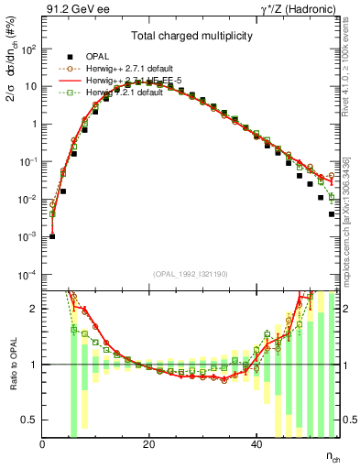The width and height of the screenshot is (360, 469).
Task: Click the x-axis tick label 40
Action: [255, 443]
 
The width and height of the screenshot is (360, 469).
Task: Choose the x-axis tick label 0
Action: [42, 443]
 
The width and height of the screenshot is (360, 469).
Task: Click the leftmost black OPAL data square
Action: [52, 236]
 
